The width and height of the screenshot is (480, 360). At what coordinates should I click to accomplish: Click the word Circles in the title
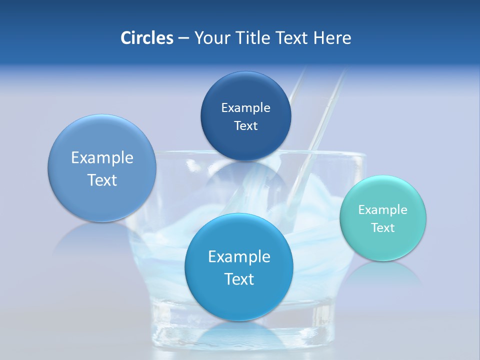pos(146,38)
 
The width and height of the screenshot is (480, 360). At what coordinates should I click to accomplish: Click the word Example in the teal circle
pos(382,210)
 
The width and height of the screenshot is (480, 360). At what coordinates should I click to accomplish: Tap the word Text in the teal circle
pos(382,228)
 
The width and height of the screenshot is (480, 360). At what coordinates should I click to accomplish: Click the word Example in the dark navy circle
pos(245,108)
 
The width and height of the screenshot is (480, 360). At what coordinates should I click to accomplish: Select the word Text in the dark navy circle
pos(245,126)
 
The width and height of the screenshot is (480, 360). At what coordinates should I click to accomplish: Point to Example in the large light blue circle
pos(102,158)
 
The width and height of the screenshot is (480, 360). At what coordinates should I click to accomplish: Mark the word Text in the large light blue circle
pos(102,180)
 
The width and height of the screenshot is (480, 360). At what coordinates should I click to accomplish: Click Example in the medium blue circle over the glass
pos(239,257)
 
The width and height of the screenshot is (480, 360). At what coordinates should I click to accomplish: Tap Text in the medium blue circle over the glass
pos(239,279)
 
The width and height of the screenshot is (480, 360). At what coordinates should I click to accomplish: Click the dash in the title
pos(183,38)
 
